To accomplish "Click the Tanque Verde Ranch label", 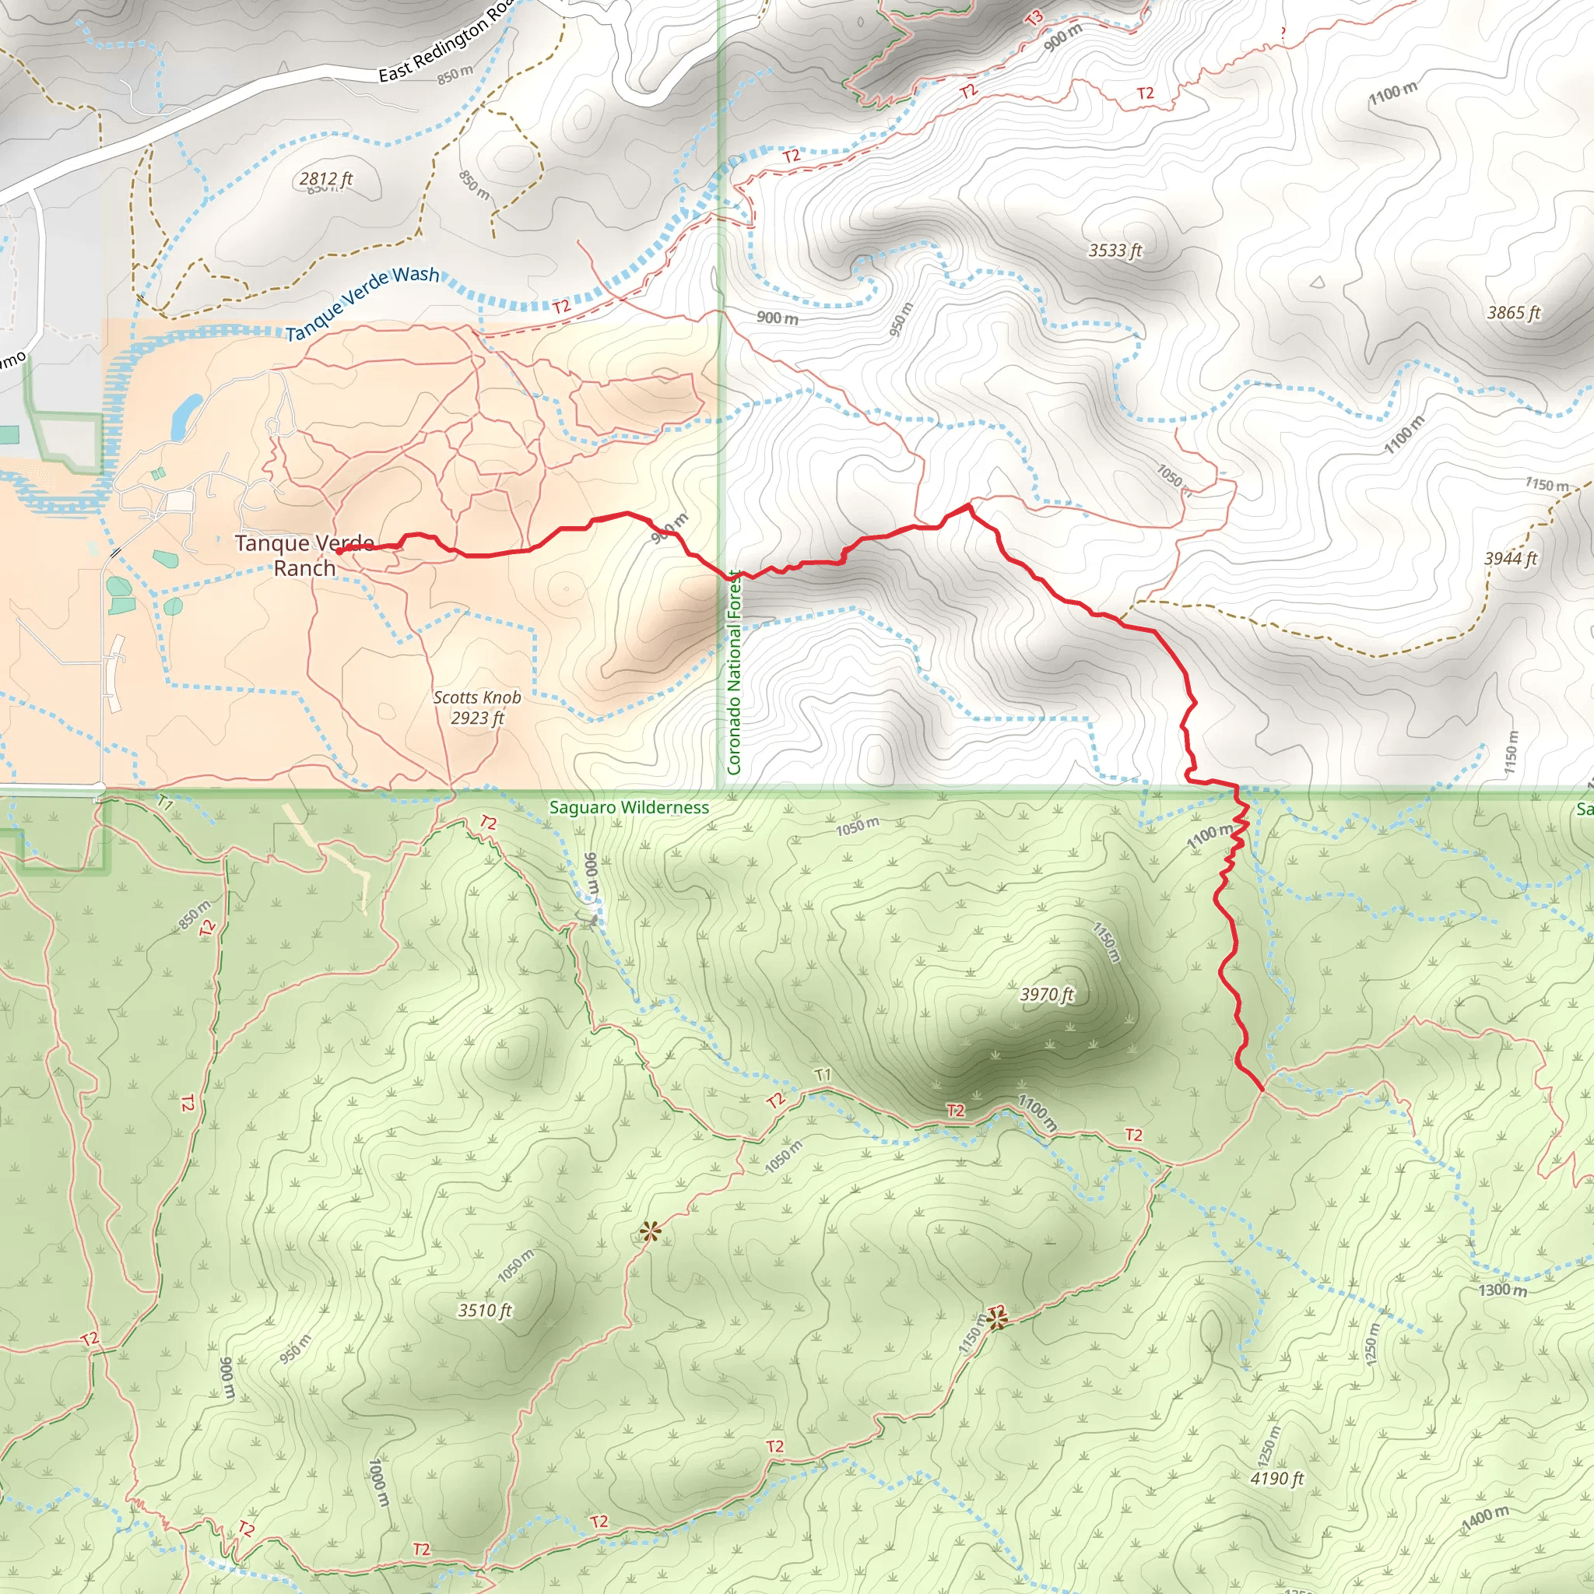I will [x=304, y=555].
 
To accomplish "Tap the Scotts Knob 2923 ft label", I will [x=477, y=707].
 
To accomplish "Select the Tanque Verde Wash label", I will [x=362, y=303].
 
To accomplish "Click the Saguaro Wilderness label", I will [x=629, y=808].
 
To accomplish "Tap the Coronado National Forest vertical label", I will [x=733, y=672].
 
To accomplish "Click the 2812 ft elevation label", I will [x=326, y=179].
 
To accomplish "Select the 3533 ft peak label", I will [x=1115, y=250].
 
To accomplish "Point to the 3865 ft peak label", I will [x=1513, y=313].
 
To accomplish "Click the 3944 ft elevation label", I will [x=1511, y=559].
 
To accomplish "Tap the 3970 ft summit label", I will [x=1047, y=994].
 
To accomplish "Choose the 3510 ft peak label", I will [x=485, y=1310].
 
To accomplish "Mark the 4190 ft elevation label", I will [x=1276, y=1479].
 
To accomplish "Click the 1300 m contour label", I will [x=1502, y=1290].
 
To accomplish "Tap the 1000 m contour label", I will [x=377, y=1482].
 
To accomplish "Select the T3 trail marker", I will [x=1034, y=17].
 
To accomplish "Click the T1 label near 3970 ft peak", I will [x=823, y=1075].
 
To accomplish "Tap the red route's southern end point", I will [x=1262, y=1090].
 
